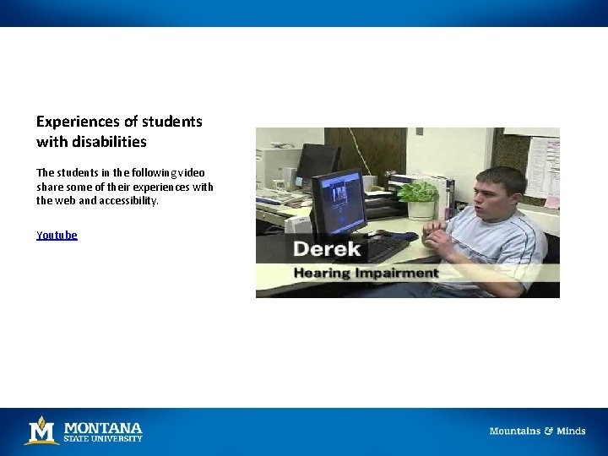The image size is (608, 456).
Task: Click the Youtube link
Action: coord(57,236)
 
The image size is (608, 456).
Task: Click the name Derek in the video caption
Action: coord(327,249)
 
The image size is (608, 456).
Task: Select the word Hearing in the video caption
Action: coord(323,273)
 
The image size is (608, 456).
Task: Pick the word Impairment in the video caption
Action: coord(397,273)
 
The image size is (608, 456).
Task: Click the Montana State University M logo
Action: coord(41,430)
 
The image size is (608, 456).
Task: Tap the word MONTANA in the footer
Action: coord(103,426)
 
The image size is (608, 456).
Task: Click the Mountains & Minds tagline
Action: coord(537,431)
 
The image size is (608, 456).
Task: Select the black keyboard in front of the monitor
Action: coord(384,247)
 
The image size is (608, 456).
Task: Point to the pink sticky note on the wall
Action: coord(551,202)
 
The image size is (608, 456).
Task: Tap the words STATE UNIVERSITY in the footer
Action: coord(104,438)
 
